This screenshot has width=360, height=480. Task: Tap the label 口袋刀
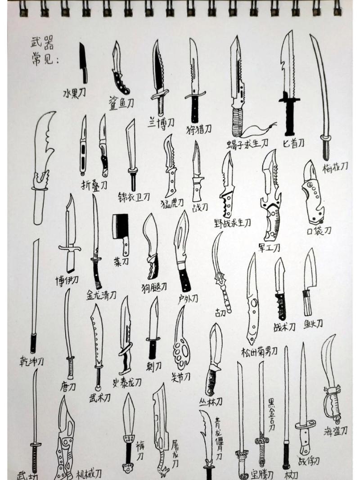pyautogui.click(x=319, y=231)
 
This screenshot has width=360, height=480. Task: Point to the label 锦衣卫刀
pyautogui.click(x=134, y=197)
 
